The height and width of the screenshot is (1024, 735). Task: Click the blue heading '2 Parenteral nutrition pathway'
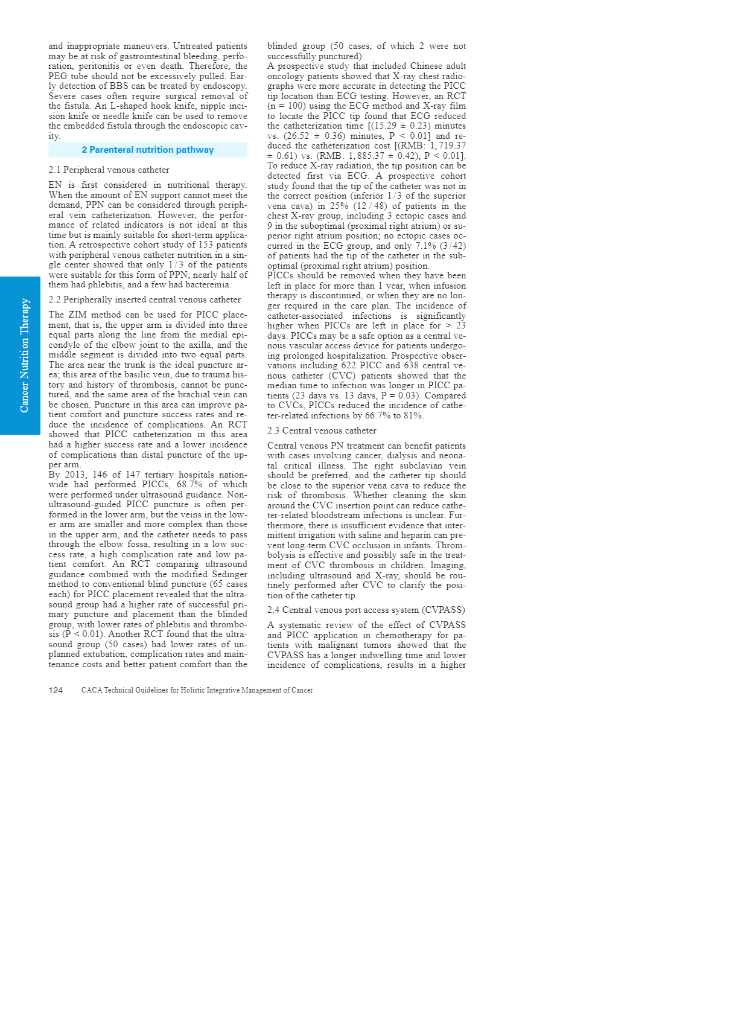[148, 150]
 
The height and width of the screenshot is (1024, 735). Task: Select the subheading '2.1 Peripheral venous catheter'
[109, 170]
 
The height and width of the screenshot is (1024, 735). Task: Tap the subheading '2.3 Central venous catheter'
[322, 430]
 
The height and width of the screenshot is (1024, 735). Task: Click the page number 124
[56, 690]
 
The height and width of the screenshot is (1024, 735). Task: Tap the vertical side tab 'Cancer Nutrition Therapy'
[24, 356]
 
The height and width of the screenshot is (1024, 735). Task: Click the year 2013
[74, 475]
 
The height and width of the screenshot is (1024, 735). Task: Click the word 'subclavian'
[419, 466]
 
